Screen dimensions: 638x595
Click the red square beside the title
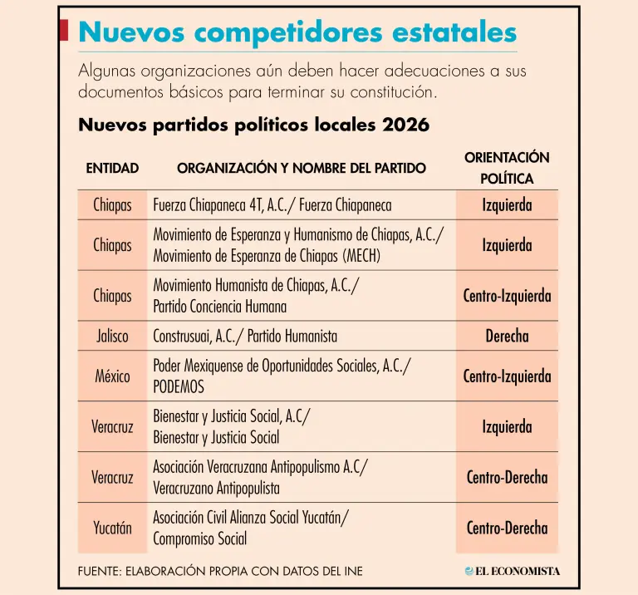point(63,31)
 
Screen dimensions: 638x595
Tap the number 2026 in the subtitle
point(405,125)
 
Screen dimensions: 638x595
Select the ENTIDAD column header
point(112,168)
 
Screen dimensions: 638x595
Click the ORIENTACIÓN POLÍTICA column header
point(507,168)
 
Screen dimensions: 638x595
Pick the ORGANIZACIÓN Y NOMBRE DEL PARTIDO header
point(302,168)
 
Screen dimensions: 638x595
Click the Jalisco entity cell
point(112,337)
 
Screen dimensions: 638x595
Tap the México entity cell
point(112,376)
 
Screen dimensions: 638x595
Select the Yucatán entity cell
point(112,528)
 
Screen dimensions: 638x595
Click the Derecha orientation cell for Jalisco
point(507,337)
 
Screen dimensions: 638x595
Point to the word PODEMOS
point(179,386)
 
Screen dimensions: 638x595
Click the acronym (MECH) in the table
point(361,256)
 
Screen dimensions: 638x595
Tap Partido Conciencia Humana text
point(219,307)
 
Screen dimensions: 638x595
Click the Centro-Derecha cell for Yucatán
point(507,528)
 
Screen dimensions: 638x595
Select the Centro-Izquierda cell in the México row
point(507,376)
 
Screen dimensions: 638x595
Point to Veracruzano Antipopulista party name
point(216,488)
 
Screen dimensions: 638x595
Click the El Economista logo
point(513,571)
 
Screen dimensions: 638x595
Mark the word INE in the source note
point(353,571)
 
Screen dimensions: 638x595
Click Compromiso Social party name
point(199,538)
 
